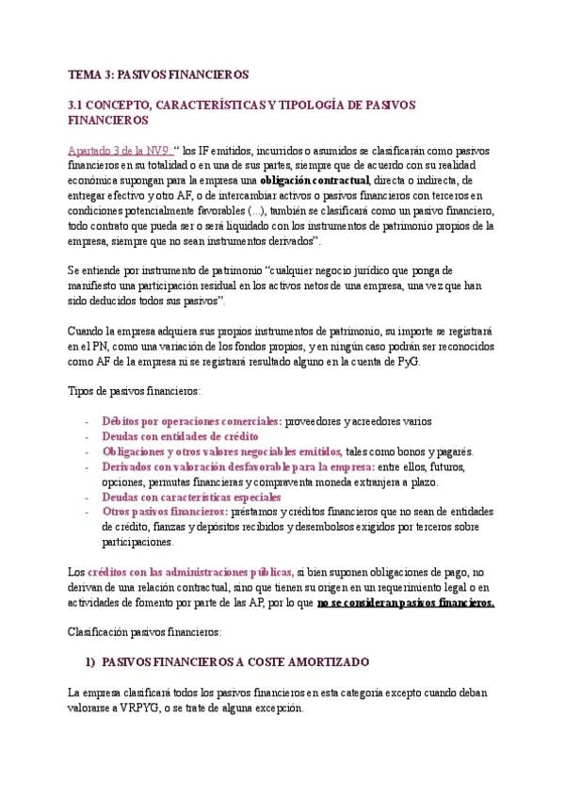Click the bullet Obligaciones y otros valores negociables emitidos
click(x=222, y=451)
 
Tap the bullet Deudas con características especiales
click(x=191, y=497)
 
